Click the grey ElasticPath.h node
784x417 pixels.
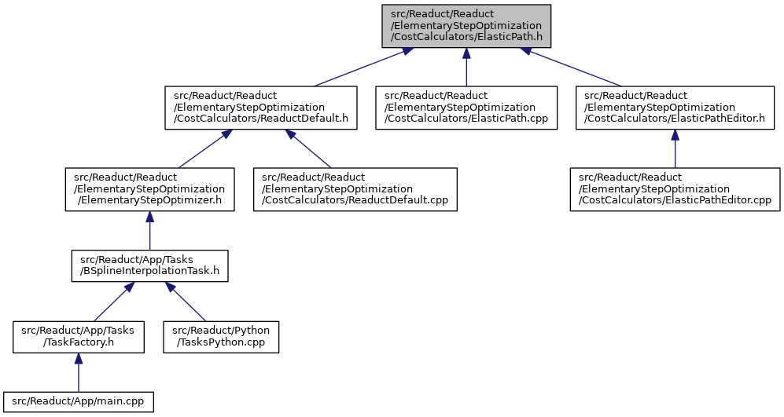[x=466, y=26]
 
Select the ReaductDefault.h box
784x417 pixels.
[x=261, y=108]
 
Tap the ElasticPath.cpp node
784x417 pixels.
[x=466, y=108]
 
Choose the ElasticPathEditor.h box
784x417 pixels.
[x=675, y=108]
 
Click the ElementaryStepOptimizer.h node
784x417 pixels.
[x=149, y=189]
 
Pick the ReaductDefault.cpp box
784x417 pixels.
[x=355, y=189]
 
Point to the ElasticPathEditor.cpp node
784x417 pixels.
[x=675, y=189]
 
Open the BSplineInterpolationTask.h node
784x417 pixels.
[x=149, y=265]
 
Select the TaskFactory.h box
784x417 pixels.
[x=79, y=337]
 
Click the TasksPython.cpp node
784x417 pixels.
[x=221, y=337]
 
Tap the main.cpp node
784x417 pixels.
[x=78, y=402]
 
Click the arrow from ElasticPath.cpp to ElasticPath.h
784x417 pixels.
[x=466, y=68]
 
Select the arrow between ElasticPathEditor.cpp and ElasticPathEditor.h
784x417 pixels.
[x=675, y=149]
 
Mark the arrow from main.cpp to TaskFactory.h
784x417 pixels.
[x=78, y=372]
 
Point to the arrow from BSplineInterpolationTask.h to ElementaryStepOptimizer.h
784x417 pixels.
[x=149, y=231]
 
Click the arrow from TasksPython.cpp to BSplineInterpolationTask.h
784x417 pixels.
[x=186, y=302]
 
